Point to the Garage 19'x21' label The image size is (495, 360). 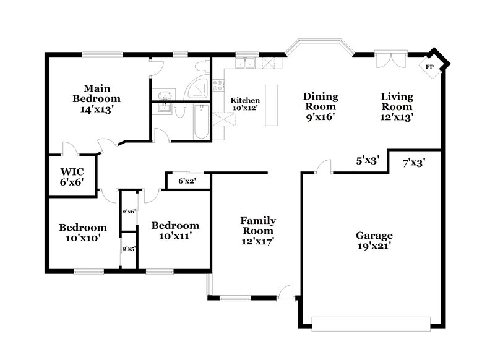[x=374, y=240]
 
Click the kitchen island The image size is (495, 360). [x=271, y=105]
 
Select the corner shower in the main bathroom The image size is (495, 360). [x=199, y=90]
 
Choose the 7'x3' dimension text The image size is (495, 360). [x=413, y=163]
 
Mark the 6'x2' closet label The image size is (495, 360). [x=186, y=181]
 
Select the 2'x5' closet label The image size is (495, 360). [x=129, y=249]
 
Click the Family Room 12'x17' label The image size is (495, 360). [x=258, y=231]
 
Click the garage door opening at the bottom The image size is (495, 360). [x=371, y=324]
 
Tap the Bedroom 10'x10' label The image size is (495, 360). [x=83, y=232]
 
